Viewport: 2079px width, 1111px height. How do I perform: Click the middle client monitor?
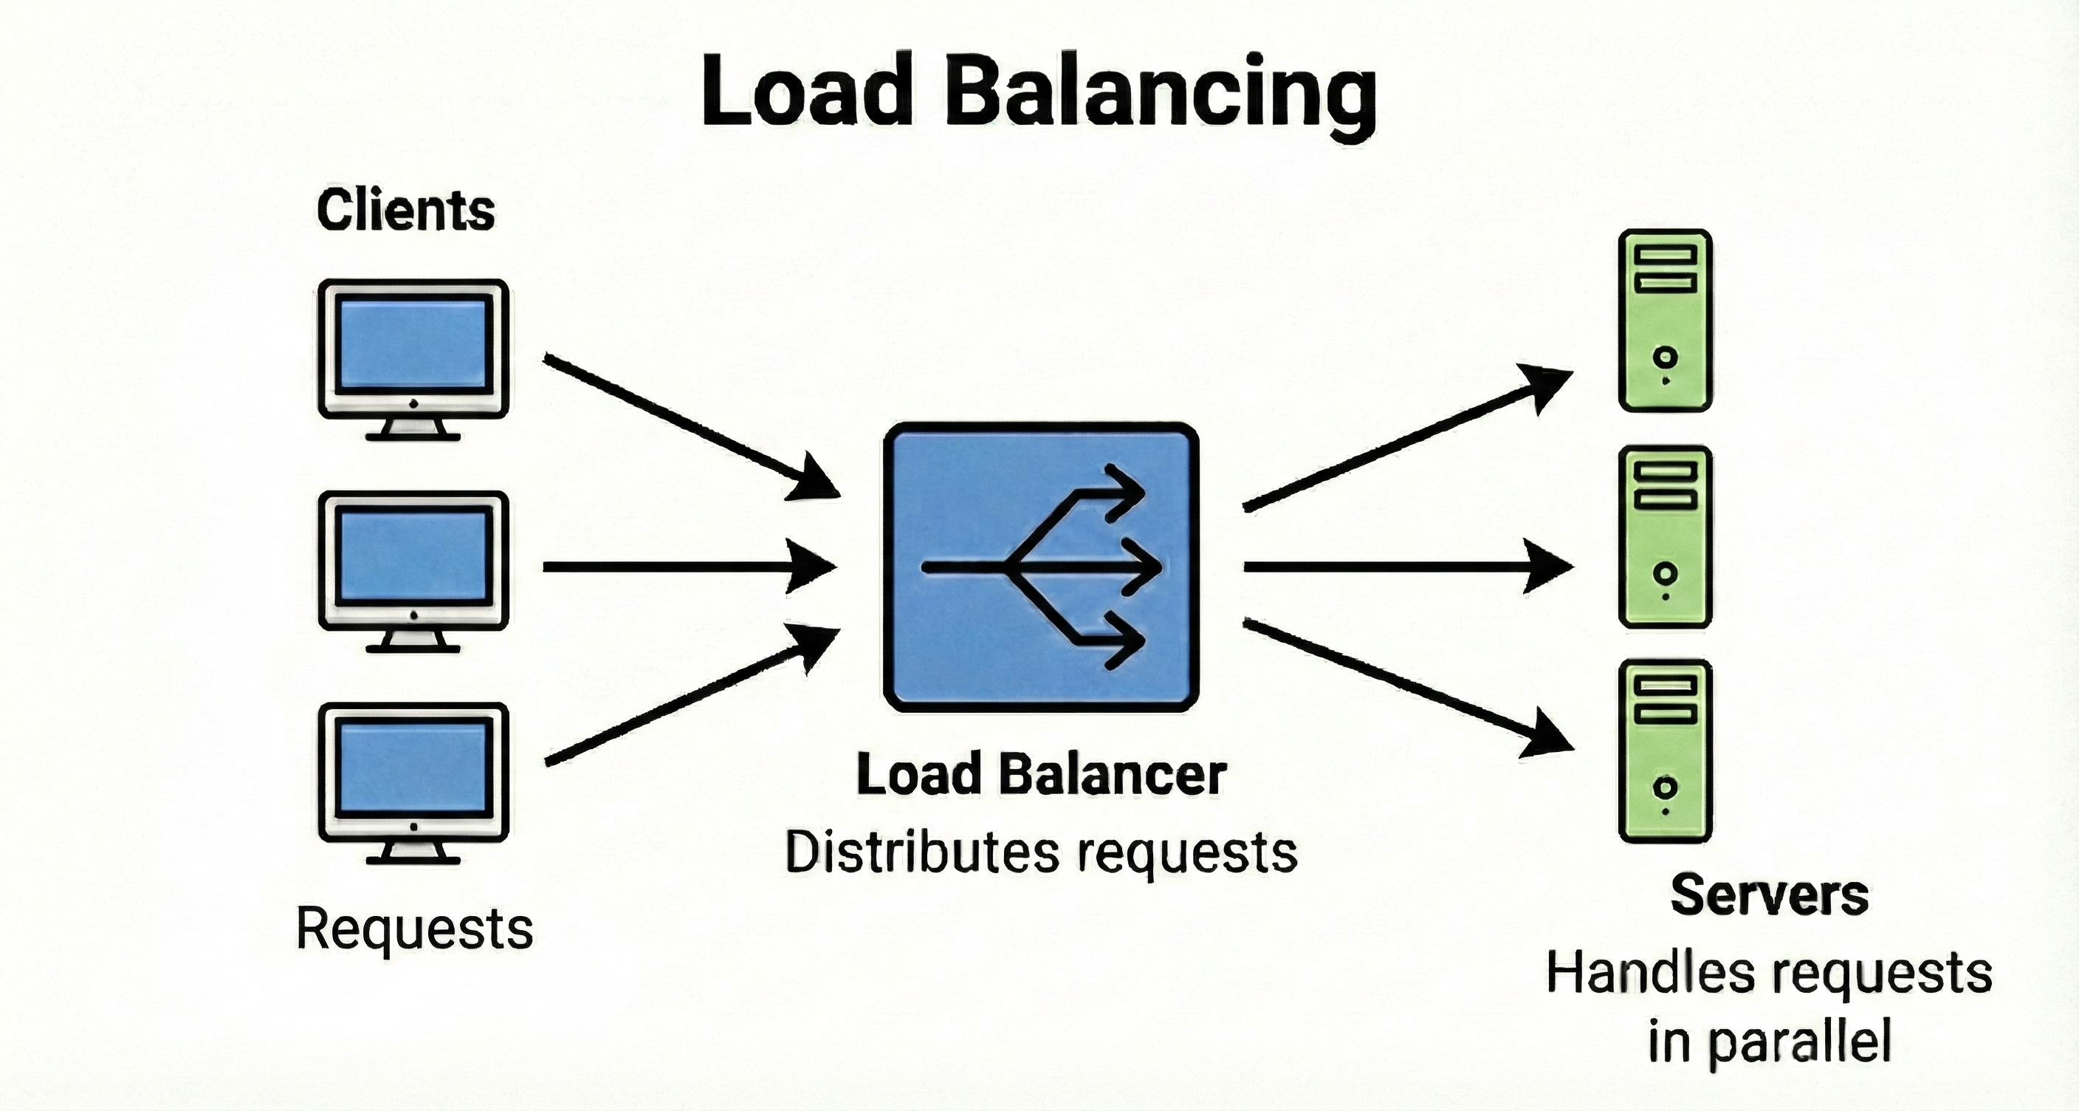tap(413, 562)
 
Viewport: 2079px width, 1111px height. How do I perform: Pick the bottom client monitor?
tap(413, 773)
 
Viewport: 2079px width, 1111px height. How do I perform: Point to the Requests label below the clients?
tap(415, 929)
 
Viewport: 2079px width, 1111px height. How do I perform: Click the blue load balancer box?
tap(1041, 567)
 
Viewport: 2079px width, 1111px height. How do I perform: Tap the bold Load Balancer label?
tap(1041, 774)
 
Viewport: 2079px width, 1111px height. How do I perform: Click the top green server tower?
tap(1665, 321)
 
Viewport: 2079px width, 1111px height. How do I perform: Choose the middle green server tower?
tap(1665, 536)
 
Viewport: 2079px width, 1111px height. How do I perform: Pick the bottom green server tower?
tap(1665, 751)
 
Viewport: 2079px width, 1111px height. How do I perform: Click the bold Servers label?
tap(1769, 895)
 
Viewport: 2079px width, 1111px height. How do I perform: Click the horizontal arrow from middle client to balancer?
tap(686, 567)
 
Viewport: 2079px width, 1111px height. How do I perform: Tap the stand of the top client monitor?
tap(413, 429)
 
